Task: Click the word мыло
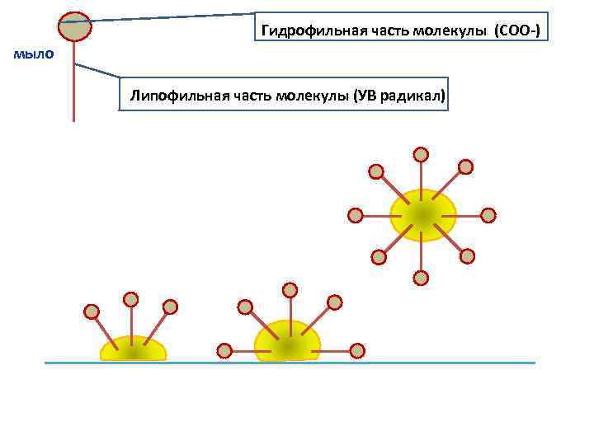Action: tap(34, 55)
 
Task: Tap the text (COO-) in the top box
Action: tap(517, 30)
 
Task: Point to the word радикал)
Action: tap(414, 96)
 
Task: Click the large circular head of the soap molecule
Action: tap(75, 26)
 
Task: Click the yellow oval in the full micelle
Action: tap(422, 215)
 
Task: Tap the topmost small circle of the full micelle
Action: tap(421, 154)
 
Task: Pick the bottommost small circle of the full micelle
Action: tap(421, 278)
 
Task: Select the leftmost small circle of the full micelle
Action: tap(356, 215)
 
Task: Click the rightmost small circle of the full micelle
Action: tap(488, 215)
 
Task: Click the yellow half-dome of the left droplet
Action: tap(133, 349)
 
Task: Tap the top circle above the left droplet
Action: tap(131, 299)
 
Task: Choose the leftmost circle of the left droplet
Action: tap(92, 311)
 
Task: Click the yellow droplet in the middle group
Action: tap(287, 342)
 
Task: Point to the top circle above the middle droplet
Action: tap(290, 290)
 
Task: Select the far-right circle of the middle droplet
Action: tap(357, 350)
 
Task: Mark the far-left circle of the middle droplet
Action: tap(224, 350)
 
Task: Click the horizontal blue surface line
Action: tap(290, 363)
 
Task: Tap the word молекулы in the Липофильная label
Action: tap(316, 96)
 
